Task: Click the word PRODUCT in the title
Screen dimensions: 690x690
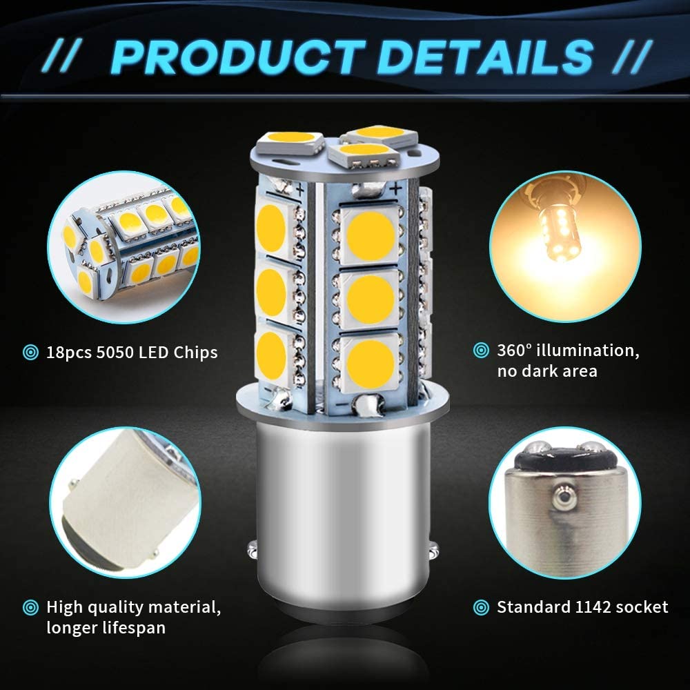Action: (x=237, y=57)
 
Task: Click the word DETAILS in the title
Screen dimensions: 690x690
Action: (x=485, y=57)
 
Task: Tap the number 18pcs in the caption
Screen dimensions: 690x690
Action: (x=68, y=353)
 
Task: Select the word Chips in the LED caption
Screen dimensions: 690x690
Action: (x=195, y=353)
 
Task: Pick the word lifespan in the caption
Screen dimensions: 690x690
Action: (x=134, y=627)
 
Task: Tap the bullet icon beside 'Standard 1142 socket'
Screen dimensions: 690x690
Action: (x=481, y=608)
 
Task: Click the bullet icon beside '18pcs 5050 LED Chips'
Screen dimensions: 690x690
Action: (x=30, y=353)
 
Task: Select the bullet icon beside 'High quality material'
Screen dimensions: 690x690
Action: (x=30, y=608)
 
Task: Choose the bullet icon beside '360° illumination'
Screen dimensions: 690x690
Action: (x=481, y=351)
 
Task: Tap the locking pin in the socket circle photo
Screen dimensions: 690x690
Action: (x=562, y=497)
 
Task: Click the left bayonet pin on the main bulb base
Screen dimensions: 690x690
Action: (x=252, y=549)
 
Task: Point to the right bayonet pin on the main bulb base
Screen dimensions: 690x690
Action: (x=434, y=549)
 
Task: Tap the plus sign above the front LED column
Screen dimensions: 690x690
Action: (x=395, y=189)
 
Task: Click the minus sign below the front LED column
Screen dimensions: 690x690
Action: (x=342, y=403)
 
